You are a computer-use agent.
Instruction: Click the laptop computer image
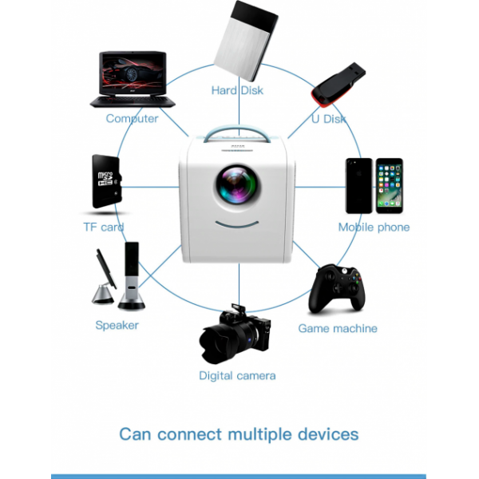(x=133, y=79)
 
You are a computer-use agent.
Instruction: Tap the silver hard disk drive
(x=246, y=42)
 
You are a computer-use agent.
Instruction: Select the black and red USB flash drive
(x=338, y=85)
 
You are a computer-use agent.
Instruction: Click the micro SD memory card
(x=107, y=181)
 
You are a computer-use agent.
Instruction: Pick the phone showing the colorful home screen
(x=390, y=186)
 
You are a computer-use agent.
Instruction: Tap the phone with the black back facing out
(x=359, y=186)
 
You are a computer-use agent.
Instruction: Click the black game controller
(x=337, y=289)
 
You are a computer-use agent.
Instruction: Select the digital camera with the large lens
(x=235, y=335)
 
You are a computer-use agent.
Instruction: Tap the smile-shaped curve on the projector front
(x=237, y=225)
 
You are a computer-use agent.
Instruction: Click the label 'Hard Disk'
(x=237, y=90)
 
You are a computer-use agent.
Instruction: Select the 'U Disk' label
(x=329, y=119)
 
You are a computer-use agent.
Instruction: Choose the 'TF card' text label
(x=104, y=227)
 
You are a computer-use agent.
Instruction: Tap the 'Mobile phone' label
(x=374, y=227)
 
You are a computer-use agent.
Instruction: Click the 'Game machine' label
(x=338, y=328)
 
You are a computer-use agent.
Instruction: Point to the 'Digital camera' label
(x=237, y=376)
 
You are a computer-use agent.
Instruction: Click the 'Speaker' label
(x=117, y=326)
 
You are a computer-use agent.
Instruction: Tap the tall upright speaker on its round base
(x=132, y=276)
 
